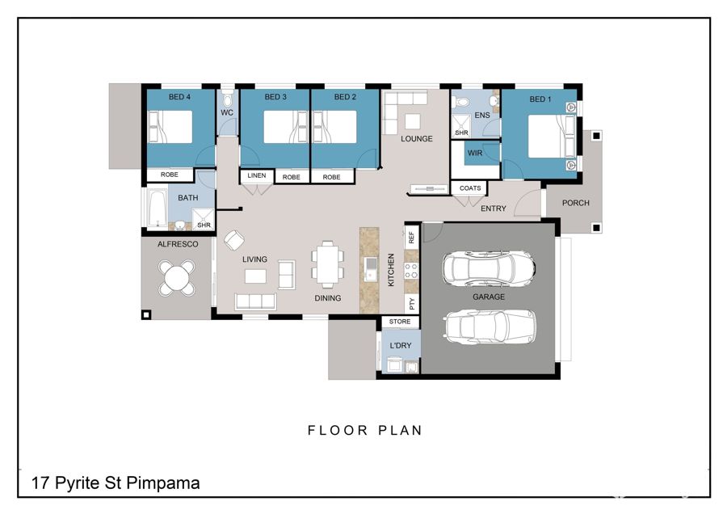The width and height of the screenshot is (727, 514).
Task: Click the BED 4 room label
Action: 179,97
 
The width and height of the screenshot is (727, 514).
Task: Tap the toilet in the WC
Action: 227,99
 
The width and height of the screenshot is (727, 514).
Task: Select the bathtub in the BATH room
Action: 158,209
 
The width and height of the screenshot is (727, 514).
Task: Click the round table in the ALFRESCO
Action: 177,278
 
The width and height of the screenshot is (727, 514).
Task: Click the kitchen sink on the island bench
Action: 371,269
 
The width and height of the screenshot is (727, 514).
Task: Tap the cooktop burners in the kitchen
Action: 411,271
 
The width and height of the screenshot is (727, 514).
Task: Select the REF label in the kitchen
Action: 411,238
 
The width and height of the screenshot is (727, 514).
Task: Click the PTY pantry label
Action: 412,304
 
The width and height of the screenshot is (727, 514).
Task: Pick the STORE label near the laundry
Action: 400,322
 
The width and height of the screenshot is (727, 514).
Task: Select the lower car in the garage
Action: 490,327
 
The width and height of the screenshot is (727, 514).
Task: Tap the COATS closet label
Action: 470,187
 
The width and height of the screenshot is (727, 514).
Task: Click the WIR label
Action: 475,153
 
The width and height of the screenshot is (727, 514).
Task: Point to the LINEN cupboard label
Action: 256,175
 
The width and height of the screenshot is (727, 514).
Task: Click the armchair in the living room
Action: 234,240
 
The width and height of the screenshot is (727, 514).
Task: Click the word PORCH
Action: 575,203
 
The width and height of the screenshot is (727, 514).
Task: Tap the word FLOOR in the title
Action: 338,431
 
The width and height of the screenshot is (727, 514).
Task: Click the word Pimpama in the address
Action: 162,483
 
